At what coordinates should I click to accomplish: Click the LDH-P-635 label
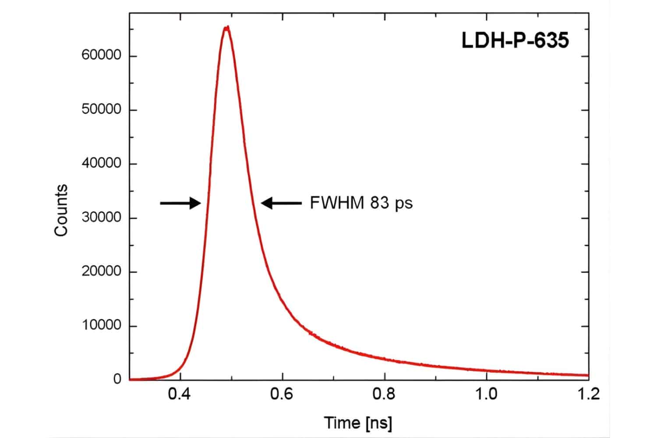(515, 41)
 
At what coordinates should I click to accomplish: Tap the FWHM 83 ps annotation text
(361, 203)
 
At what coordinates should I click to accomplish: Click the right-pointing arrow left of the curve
(180, 203)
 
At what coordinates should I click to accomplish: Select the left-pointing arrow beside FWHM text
(281, 203)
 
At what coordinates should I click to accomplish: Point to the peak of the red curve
(226, 28)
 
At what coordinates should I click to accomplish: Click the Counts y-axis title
(61, 210)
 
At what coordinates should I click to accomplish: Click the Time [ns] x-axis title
(358, 423)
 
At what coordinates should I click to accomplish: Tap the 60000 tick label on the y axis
(101, 56)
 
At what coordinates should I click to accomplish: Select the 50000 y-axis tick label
(101, 109)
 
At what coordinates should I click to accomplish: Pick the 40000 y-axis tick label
(101, 163)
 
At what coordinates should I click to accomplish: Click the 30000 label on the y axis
(101, 218)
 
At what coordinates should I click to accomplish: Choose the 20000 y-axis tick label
(101, 272)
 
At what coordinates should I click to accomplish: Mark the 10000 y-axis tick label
(101, 325)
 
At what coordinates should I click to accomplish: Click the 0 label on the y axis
(117, 379)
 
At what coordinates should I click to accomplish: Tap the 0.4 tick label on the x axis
(180, 394)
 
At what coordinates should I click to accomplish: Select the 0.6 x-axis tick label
(283, 394)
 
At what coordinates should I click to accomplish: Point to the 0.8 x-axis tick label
(385, 394)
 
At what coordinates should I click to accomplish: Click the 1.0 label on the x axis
(487, 394)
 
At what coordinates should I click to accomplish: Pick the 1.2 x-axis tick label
(588, 394)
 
